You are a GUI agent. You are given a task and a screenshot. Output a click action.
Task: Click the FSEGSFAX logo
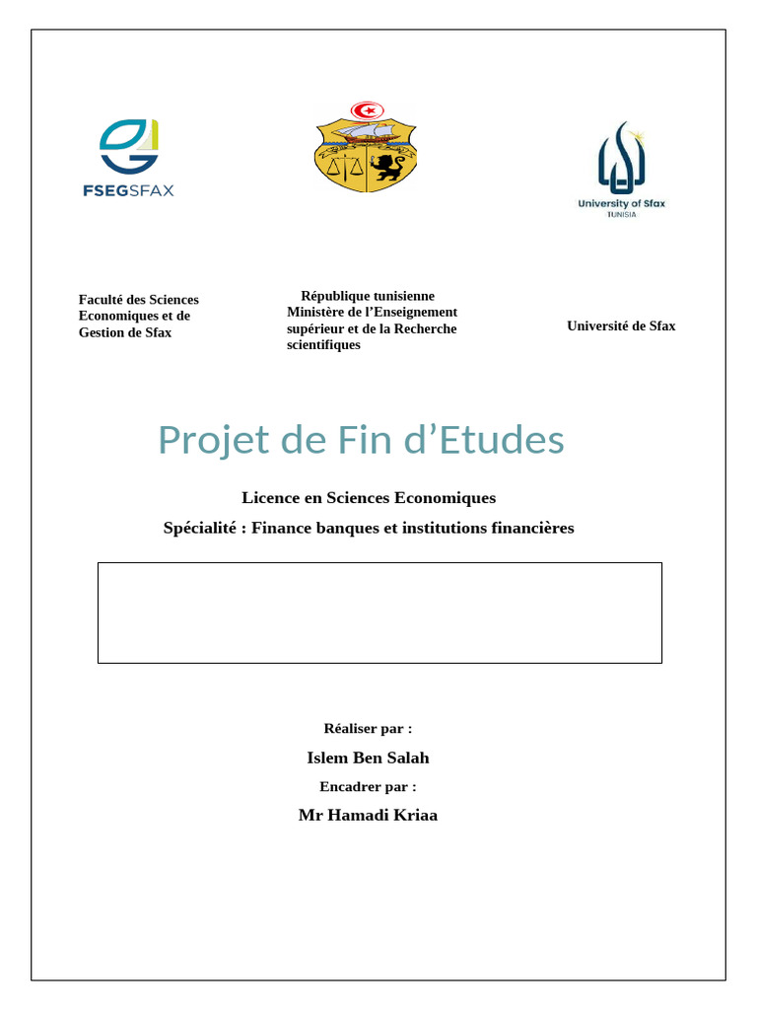[x=128, y=158]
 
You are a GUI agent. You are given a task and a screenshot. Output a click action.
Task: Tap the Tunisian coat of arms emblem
[x=366, y=147]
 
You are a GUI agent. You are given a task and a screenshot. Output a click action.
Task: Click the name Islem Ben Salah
[x=368, y=757]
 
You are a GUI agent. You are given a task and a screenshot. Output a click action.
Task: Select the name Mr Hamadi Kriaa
[x=368, y=815]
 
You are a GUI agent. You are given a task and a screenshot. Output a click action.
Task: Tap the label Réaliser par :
[x=368, y=728]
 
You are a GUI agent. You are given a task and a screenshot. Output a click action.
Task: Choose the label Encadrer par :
[x=368, y=786]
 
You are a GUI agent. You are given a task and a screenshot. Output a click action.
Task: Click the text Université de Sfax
[x=621, y=325]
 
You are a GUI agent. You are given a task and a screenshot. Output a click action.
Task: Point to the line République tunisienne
[x=368, y=296]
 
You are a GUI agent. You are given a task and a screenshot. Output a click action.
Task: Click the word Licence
[x=269, y=498]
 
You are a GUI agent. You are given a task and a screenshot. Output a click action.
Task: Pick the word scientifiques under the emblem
[x=323, y=345]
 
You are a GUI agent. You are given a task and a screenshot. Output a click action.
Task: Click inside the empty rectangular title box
[x=379, y=613]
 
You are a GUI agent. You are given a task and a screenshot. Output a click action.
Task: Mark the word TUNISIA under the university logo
[x=621, y=214]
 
